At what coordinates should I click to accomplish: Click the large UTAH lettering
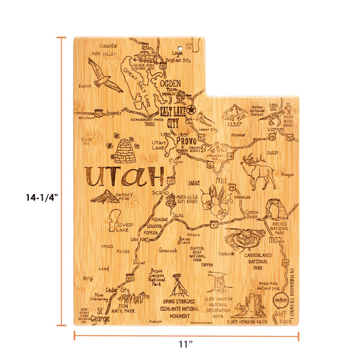click(x=125, y=176)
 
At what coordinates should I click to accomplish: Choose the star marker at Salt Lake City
click(x=191, y=110)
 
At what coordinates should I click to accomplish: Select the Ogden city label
click(x=170, y=84)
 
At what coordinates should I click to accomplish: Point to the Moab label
click(x=276, y=241)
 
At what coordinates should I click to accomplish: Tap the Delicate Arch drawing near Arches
click(x=274, y=211)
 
